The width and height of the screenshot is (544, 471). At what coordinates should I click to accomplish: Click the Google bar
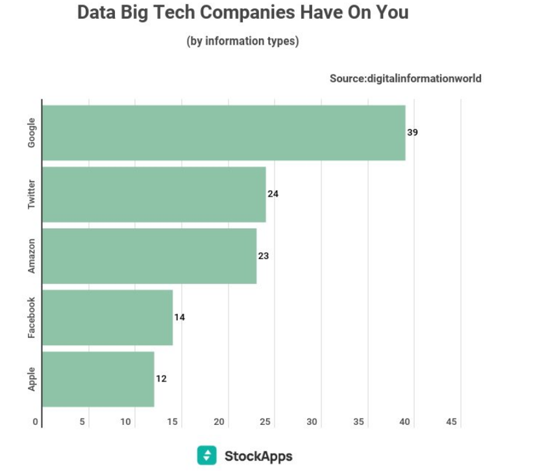click(224, 132)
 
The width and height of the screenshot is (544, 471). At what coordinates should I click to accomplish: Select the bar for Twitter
click(154, 194)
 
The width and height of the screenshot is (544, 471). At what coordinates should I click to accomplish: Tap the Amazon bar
click(149, 256)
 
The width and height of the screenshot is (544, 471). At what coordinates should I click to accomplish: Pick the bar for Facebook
click(107, 317)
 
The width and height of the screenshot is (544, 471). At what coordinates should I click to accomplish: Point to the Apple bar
click(98, 379)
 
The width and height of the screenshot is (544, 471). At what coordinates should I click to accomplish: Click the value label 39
click(413, 132)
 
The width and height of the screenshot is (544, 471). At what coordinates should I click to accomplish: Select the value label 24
click(273, 194)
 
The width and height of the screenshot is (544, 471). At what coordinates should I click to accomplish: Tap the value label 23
click(264, 256)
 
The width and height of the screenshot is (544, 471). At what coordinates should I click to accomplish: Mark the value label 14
click(180, 317)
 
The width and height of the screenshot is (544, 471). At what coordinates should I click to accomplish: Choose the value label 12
click(162, 379)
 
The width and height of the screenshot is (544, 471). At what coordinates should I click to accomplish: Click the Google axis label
click(32, 132)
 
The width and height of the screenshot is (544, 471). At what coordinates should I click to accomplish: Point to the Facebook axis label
click(32, 317)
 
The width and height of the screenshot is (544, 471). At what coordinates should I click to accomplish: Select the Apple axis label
click(32, 379)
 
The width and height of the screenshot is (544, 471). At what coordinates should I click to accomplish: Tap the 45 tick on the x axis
click(452, 422)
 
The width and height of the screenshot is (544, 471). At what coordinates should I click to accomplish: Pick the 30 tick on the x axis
click(312, 422)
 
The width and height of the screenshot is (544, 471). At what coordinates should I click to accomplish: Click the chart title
click(243, 13)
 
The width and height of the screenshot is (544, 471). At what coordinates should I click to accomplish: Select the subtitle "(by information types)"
click(243, 41)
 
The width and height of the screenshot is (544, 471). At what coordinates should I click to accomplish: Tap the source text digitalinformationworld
click(406, 78)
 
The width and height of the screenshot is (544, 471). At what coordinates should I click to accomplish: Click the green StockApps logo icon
click(206, 455)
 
